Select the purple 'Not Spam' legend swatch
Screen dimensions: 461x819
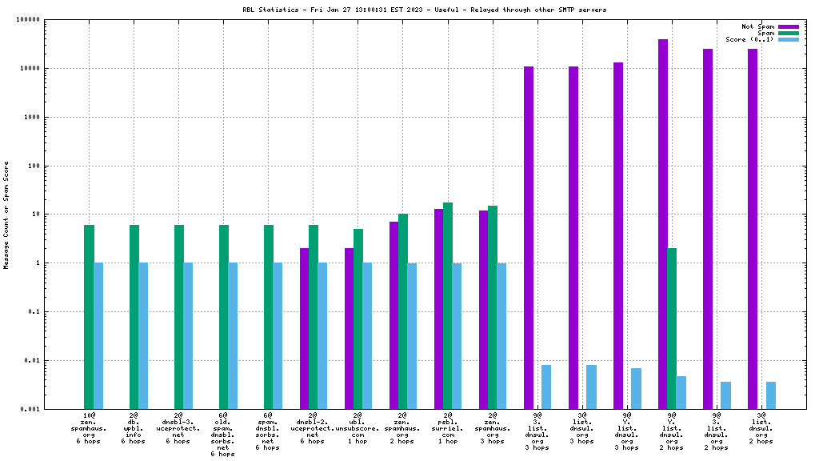click(x=788, y=26)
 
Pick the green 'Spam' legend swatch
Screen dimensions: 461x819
click(x=788, y=33)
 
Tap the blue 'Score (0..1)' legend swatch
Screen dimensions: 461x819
click(x=788, y=39)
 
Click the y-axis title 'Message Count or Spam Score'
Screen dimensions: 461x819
click(x=6, y=214)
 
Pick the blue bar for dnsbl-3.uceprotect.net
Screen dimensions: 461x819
click(x=188, y=335)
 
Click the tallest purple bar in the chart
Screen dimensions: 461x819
click(x=663, y=224)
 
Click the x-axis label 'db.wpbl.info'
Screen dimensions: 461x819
click(x=134, y=428)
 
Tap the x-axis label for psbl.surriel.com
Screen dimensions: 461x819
click(x=448, y=428)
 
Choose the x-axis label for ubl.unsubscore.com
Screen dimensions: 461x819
click(x=358, y=428)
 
